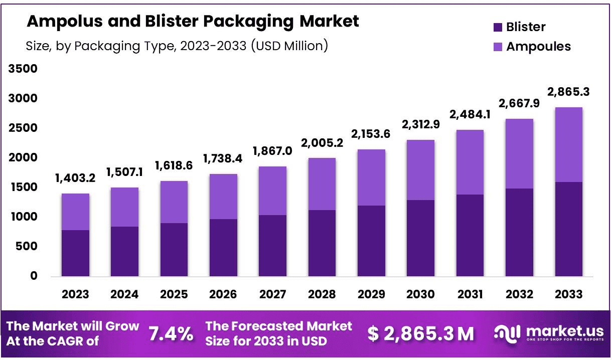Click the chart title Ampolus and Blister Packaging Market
coord(193,22)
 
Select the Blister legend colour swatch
coord(498,27)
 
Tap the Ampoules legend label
coord(538,47)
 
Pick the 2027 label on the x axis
coord(273,294)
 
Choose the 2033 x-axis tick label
coord(568,294)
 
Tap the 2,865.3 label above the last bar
coord(569,93)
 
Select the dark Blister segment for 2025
coord(174,250)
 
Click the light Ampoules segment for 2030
coord(421,170)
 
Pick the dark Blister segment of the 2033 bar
coord(568,229)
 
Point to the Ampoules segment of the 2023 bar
coord(76,212)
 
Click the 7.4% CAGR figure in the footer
coord(171,333)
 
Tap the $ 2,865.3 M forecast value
coord(420,334)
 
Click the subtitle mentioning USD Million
coord(177,46)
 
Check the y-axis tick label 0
coord(34,276)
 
